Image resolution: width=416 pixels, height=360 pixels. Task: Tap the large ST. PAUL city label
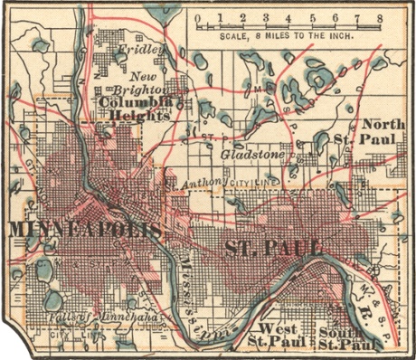tap(274, 247)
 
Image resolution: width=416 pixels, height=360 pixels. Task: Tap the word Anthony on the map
tap(201, 185)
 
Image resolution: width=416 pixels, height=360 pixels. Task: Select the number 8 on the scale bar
tap(379, 16)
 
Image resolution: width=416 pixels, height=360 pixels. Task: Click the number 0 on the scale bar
tap(197, 16)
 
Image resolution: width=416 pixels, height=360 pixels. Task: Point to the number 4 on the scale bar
tap(288, 16)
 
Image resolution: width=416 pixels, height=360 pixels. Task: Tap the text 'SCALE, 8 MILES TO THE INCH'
tap(288, 38)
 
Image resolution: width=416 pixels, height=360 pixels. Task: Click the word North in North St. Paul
tap(382, 124)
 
